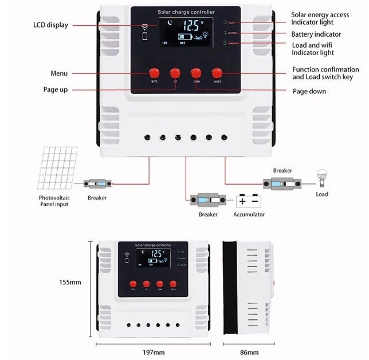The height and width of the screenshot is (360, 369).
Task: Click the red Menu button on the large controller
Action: pos(154,73)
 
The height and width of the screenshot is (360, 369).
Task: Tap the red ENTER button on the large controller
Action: pos(217,73)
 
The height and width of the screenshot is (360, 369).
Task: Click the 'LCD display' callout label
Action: pos(50,25)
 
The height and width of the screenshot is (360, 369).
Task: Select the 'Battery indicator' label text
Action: pos(316,34)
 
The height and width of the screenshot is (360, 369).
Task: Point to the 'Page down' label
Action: pos(309,91)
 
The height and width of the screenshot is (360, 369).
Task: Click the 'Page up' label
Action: pos(56,89)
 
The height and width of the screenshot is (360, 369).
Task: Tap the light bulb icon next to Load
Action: pos(321,178)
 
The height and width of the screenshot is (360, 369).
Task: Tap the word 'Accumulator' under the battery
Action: pos(249,214)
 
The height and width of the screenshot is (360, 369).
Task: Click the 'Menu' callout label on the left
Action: pos(59,73)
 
